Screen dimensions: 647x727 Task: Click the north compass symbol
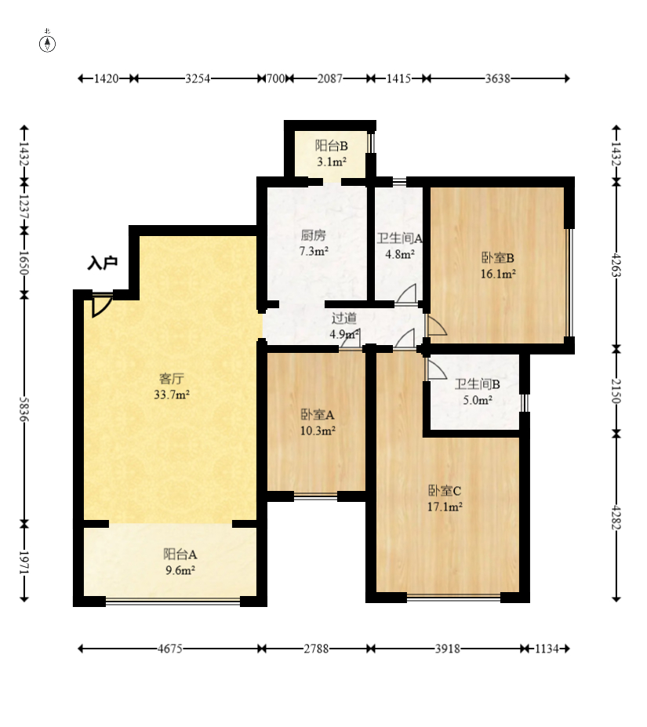47,43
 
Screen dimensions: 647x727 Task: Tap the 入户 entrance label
103,263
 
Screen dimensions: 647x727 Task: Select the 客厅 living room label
172,379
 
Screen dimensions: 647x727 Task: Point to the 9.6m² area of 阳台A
180,570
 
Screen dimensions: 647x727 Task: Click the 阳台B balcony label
332,146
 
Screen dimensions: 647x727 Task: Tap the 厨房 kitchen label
314,235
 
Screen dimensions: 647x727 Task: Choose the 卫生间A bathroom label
399,238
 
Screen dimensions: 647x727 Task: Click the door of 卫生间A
406,294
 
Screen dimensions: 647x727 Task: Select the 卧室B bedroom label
498,258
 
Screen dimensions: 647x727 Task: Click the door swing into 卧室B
437,325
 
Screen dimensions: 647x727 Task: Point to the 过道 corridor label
344,318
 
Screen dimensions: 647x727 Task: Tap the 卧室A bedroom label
318,414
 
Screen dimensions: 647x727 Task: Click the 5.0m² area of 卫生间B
478,400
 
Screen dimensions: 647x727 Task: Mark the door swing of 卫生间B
437,369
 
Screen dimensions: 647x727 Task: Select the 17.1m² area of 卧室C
445,507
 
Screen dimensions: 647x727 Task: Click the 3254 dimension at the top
198,78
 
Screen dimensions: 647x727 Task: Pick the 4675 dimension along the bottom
169,648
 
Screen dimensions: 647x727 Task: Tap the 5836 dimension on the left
24,409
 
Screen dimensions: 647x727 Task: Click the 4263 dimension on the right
616,265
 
